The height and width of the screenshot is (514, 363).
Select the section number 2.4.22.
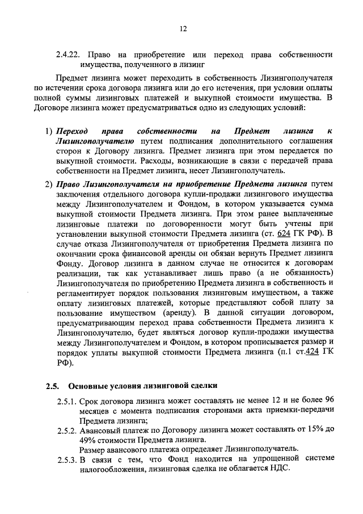tap(69, 55)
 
